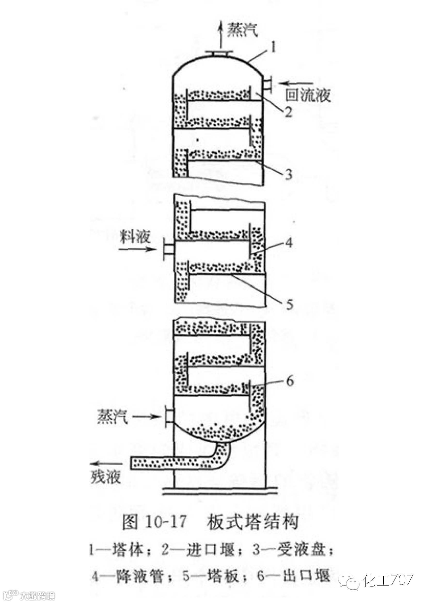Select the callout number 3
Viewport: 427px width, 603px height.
[x=288, y=174]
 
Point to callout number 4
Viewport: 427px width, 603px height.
[x=289, y=243]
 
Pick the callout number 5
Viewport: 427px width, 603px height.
[x=289, y=305]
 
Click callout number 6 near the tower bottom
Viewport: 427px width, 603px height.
[x=289, y=381]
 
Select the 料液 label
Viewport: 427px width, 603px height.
[x=135, y=237]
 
